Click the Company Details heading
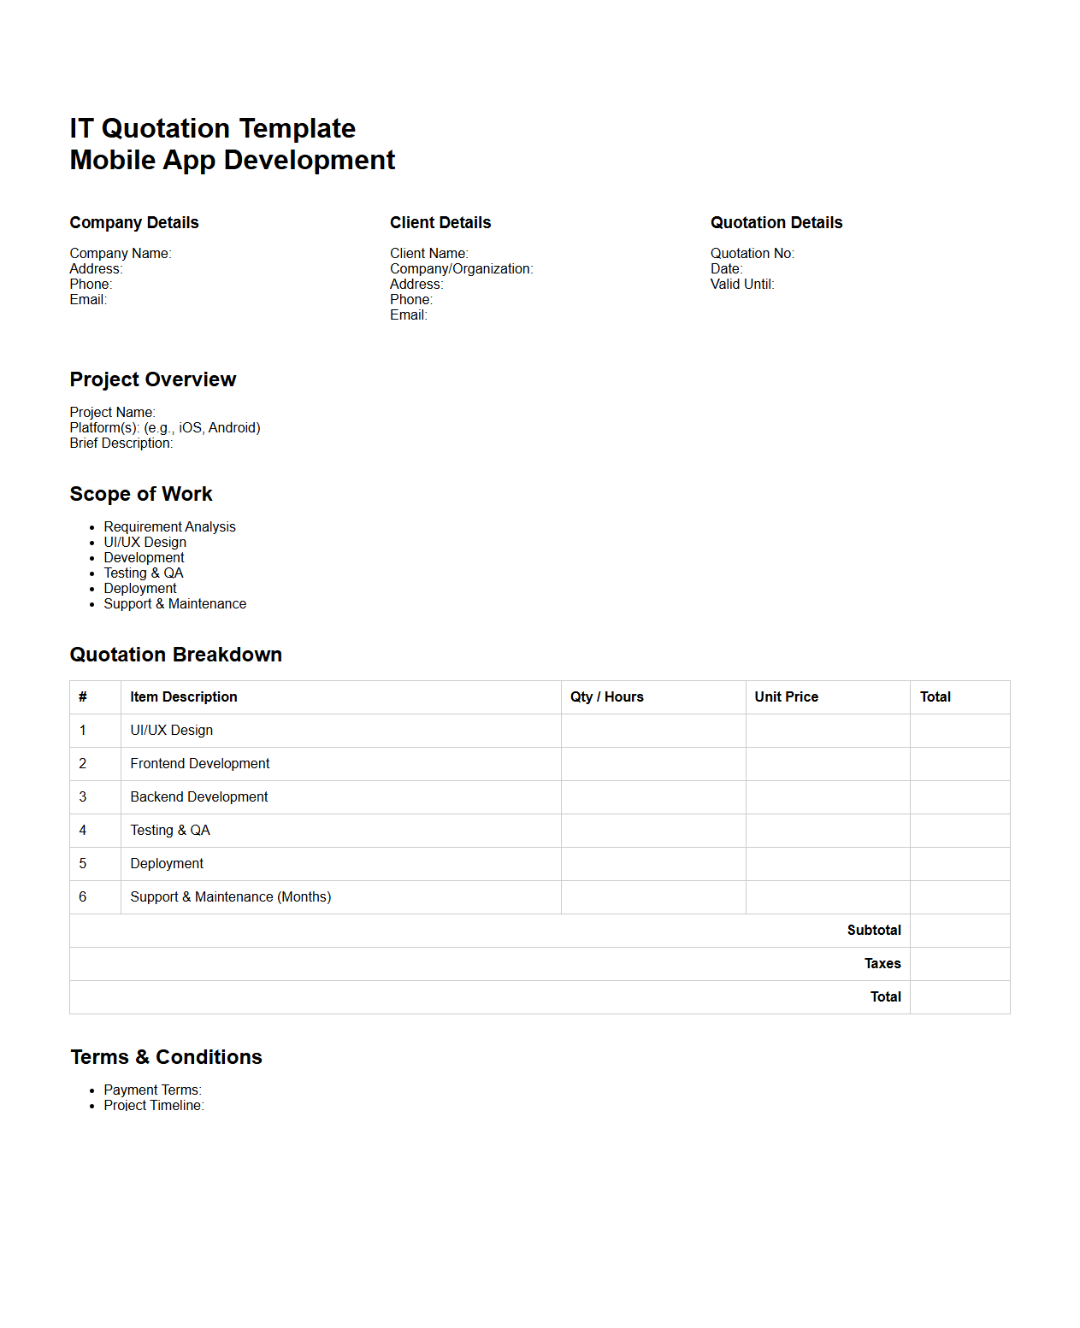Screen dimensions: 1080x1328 [134, 223]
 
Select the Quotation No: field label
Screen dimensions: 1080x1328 [752, 254]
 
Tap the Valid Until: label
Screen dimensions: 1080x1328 [742, 285]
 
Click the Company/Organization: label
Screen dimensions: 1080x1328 [461, 269]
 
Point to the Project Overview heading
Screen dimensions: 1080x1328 [153, 379]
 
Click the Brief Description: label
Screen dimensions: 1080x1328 [121, 444]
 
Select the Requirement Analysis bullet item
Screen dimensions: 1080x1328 [169, 527]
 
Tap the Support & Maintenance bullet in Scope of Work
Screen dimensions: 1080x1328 [174, 604]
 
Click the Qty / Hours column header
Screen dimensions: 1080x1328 [607, 697]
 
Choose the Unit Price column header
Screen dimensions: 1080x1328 [786, 697]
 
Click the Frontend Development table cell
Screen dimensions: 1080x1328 [199, 764]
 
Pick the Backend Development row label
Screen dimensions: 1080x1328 [198, 797]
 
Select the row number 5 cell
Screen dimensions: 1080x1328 [83, 864]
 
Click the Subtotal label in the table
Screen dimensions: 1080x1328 [874, 931]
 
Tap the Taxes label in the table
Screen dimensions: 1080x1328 [882, 964]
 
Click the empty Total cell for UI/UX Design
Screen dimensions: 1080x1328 [959, 731]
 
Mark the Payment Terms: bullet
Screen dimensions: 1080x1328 [152, 1090]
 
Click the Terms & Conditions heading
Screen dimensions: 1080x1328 [166, 1058]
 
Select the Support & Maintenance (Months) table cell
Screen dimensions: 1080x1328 [230, 897]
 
